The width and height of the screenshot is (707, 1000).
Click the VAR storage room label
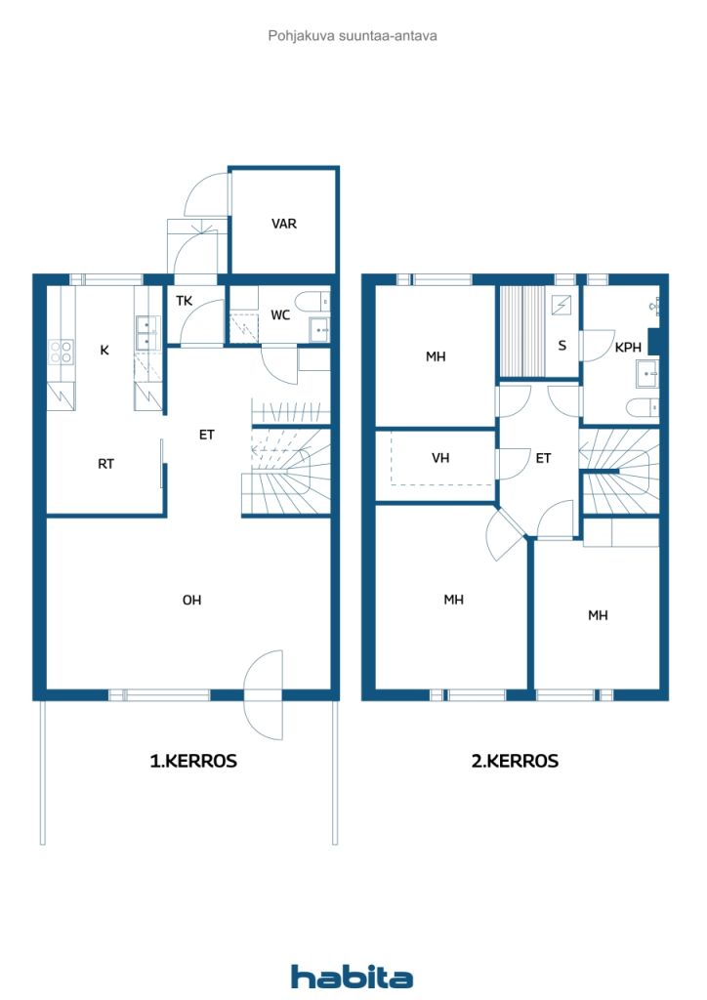tap(284, 224)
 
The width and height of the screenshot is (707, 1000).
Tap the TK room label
tap(185, 301)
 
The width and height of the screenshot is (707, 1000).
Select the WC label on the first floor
tap(280, 315)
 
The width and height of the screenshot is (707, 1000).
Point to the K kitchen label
tap(104, 351)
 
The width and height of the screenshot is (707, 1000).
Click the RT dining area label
tap(105, 464)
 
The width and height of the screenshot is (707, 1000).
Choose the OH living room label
tap(192, 601)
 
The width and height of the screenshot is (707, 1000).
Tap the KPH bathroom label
tap(628, 348)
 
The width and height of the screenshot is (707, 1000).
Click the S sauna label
tap(561, 346)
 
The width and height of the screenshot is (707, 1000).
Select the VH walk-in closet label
tap(440, 458)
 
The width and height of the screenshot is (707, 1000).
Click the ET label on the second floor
tap(543, 458)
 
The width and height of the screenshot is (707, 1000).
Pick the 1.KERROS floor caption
tap(193, 761)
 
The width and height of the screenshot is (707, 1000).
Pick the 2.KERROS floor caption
tap(515, 761)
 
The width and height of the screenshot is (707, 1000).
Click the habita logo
tap(352, 977)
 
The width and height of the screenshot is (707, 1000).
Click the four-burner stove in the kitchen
tap(62, 352)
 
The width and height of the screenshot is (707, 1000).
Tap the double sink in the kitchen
tap(147, 333)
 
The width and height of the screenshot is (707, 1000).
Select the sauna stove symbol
tap(561, 306)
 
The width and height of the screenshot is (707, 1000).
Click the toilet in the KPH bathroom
tap(642, 407)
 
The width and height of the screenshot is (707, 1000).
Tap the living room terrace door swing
tap(264, 694)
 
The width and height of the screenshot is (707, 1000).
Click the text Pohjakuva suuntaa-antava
tap(353, 36)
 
